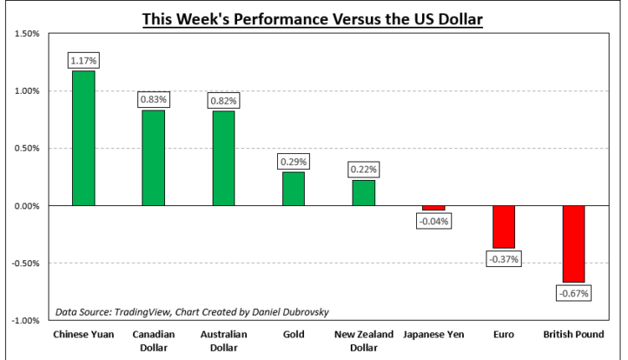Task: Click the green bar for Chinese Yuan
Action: (x=83, y=138)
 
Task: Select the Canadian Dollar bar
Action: (x=153, y=157)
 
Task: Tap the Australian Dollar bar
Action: (x=224, y=158)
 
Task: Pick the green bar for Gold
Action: (x=293, y=188)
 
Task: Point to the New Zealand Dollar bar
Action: (x=363, y=193)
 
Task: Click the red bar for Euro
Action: (x=503, y=227)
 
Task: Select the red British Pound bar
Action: (x=574, y=244)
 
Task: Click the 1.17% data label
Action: (x=84, y=60)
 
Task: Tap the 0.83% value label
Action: (x=153, y=100)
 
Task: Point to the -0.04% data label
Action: (x=434, y=221)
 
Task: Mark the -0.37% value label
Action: (x=503, y=260)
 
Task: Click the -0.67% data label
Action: (x=574, y=293)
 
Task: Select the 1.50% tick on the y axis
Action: (x=28, y=34)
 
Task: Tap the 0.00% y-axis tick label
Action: (x=28, y=206)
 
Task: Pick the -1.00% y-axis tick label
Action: (x=26, y=321)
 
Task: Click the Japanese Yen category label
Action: (x=434, y=335)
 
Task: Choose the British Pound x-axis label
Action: (x=574, y=335)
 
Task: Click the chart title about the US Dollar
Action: (x=312, y=18)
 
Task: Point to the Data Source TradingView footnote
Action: (x=193, y=312)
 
